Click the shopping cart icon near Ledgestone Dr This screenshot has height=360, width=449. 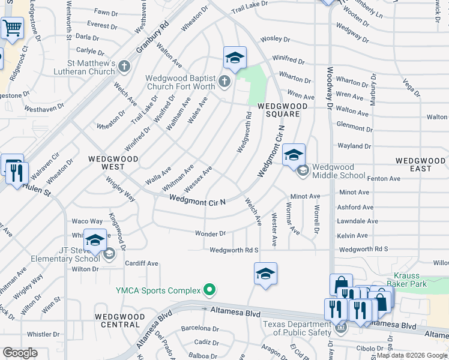(x=12, y=28)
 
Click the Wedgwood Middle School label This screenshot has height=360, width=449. (x=339, y=171)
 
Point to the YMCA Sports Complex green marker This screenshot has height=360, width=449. (x=209, y=290)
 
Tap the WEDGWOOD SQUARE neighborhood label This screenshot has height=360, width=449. (x=282, y=110)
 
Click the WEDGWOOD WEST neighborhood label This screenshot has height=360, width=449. (x=113, y=164)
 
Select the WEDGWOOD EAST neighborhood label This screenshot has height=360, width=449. (x=421, y=164)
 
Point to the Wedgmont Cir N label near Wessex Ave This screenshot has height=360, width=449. (x=197, y=199)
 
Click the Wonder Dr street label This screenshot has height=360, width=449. (x=210, y=233)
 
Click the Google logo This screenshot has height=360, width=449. (x=20, y=353)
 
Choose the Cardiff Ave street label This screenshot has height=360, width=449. (x=141, y=263)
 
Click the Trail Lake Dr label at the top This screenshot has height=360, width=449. (x=249, y=9)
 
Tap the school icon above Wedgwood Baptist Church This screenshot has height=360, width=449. (x=235, y=58)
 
